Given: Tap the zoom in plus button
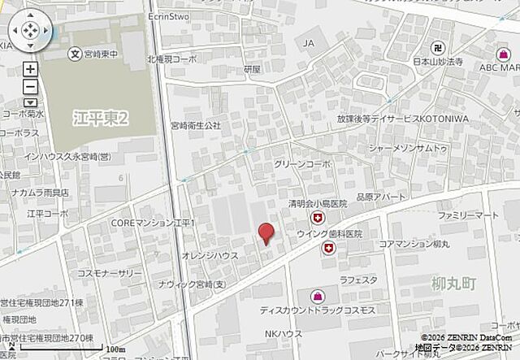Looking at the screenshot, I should click(30, 70).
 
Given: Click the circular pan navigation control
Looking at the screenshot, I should click(29, 32).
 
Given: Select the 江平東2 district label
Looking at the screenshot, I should click(100, 119).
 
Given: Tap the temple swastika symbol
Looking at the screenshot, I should click(438, 47).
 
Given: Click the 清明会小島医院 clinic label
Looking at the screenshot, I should click(317, 203).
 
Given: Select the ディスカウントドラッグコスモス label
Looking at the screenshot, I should click(318, 310).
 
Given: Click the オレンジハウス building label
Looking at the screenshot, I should click(209, 255).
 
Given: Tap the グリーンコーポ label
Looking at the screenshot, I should click(302, 163).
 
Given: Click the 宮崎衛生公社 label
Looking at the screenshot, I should click(195, 125).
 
